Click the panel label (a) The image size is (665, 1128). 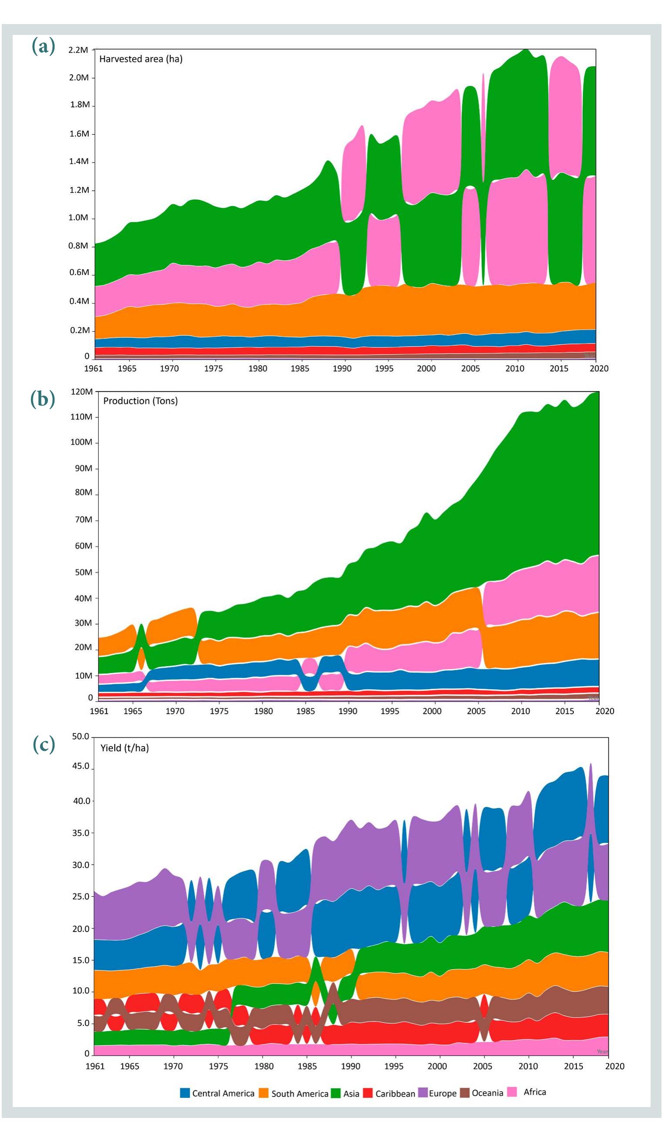pos(44,46)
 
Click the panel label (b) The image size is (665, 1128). pos(44,399)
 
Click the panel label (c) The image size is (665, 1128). pos(44,744)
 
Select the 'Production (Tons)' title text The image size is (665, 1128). pos(140,401)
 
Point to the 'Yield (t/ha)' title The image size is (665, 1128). pos(124,748)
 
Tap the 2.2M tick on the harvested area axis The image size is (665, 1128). pos(78,50)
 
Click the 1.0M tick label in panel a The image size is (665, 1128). pos(78,218)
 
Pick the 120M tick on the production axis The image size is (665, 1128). pos(82,392)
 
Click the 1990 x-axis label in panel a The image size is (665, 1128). pos(342,369)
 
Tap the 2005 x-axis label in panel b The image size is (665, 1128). pos(476,711)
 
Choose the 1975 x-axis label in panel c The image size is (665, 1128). pos(218,1066)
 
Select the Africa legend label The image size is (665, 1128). pos(535,1092)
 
